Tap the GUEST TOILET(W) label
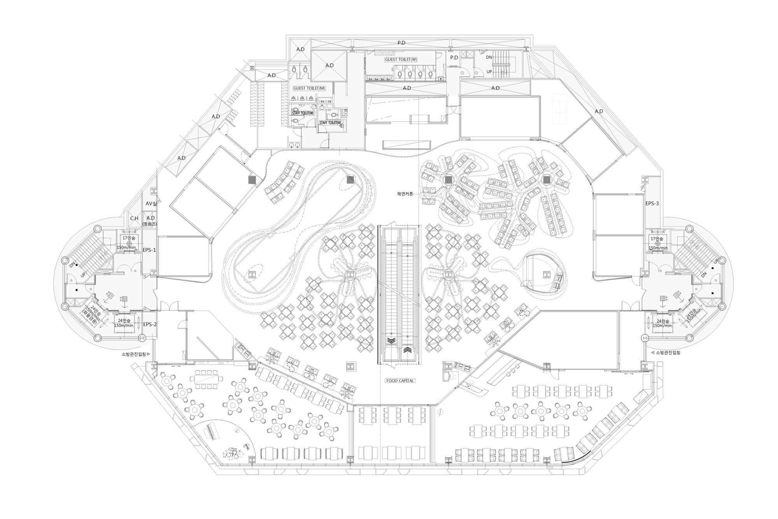pos(401,60)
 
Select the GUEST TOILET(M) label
pos(309,88)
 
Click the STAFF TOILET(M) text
pos(330,123)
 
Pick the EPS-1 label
pos(149,250)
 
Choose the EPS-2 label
pos(149,324)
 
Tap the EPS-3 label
pos(652,203)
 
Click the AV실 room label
pos(151,204)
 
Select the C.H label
pos(134,218)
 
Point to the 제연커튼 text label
pos(405,194)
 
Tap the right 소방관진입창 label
pos(668,353)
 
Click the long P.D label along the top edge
pos(401,43)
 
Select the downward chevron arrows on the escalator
pos(392,341)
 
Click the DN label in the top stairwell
pos(489,57)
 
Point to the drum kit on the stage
pos(233,453)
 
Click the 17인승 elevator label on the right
pos(657,239)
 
